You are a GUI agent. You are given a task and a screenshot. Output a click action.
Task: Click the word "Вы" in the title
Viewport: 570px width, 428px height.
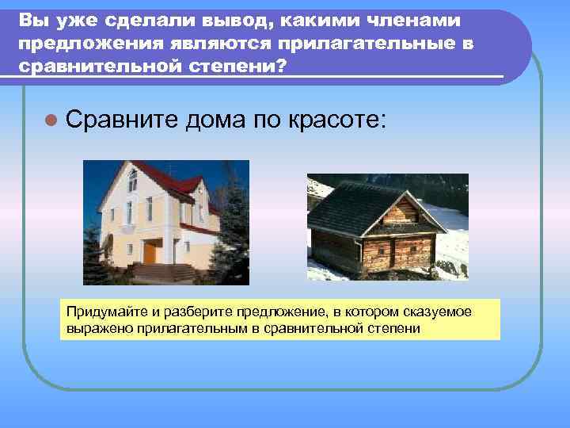pyautogui.click(x=31, y=19)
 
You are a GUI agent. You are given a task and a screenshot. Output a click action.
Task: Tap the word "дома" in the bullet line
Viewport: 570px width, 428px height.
pyautogui.click(x=217, y=120)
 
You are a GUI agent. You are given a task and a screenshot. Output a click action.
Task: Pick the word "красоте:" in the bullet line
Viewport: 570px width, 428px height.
pyautogui.click(x=339, y=120)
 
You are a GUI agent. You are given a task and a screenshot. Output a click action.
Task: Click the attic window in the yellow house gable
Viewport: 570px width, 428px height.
pyautogui.click(x=132, y=182)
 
